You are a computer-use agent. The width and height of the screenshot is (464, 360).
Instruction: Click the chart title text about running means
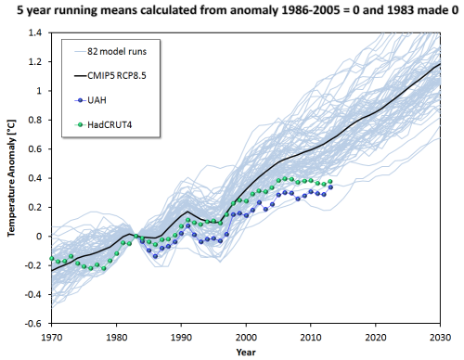(232, 11)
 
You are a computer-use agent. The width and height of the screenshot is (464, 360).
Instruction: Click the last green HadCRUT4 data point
(329, 182)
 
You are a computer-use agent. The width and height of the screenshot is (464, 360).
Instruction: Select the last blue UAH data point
(329, 186)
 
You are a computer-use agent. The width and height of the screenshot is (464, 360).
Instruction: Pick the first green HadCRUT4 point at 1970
(52, 258)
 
